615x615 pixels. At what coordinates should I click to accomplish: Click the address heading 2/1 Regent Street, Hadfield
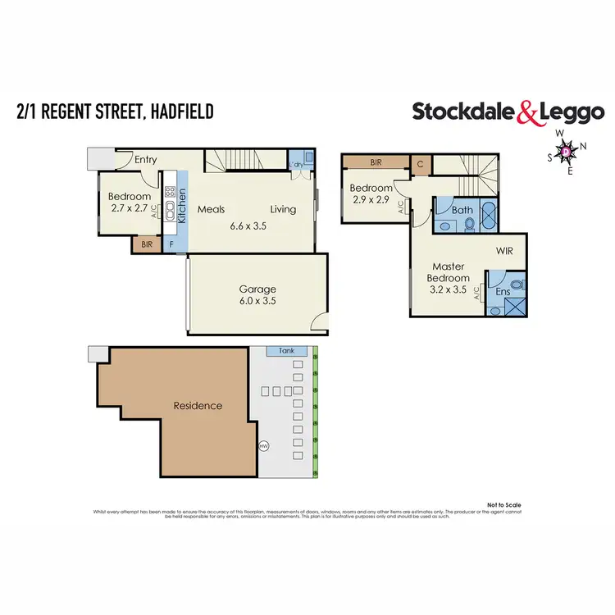coord(114,111)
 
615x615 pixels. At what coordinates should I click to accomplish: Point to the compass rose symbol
coord(566,151)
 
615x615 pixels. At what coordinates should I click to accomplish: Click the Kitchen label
coord(182,206)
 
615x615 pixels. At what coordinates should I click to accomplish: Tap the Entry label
coord(146,160)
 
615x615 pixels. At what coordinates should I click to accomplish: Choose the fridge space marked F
coord(171,244)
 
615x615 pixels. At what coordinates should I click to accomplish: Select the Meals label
coord(211,209)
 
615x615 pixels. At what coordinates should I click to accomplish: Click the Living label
coord(284,209)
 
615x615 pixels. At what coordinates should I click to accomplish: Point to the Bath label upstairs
coord(462,210)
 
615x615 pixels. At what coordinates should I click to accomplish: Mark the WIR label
coord(503,251)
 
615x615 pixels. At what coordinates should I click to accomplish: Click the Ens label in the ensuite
coord(503,292)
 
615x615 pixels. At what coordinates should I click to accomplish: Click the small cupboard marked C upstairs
coord(419,163)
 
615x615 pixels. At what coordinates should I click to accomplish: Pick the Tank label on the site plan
coord(287,349)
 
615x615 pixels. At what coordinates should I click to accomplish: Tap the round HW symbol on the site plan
coord(264,447)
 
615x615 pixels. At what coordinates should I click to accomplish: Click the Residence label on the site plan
coord(197,405)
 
